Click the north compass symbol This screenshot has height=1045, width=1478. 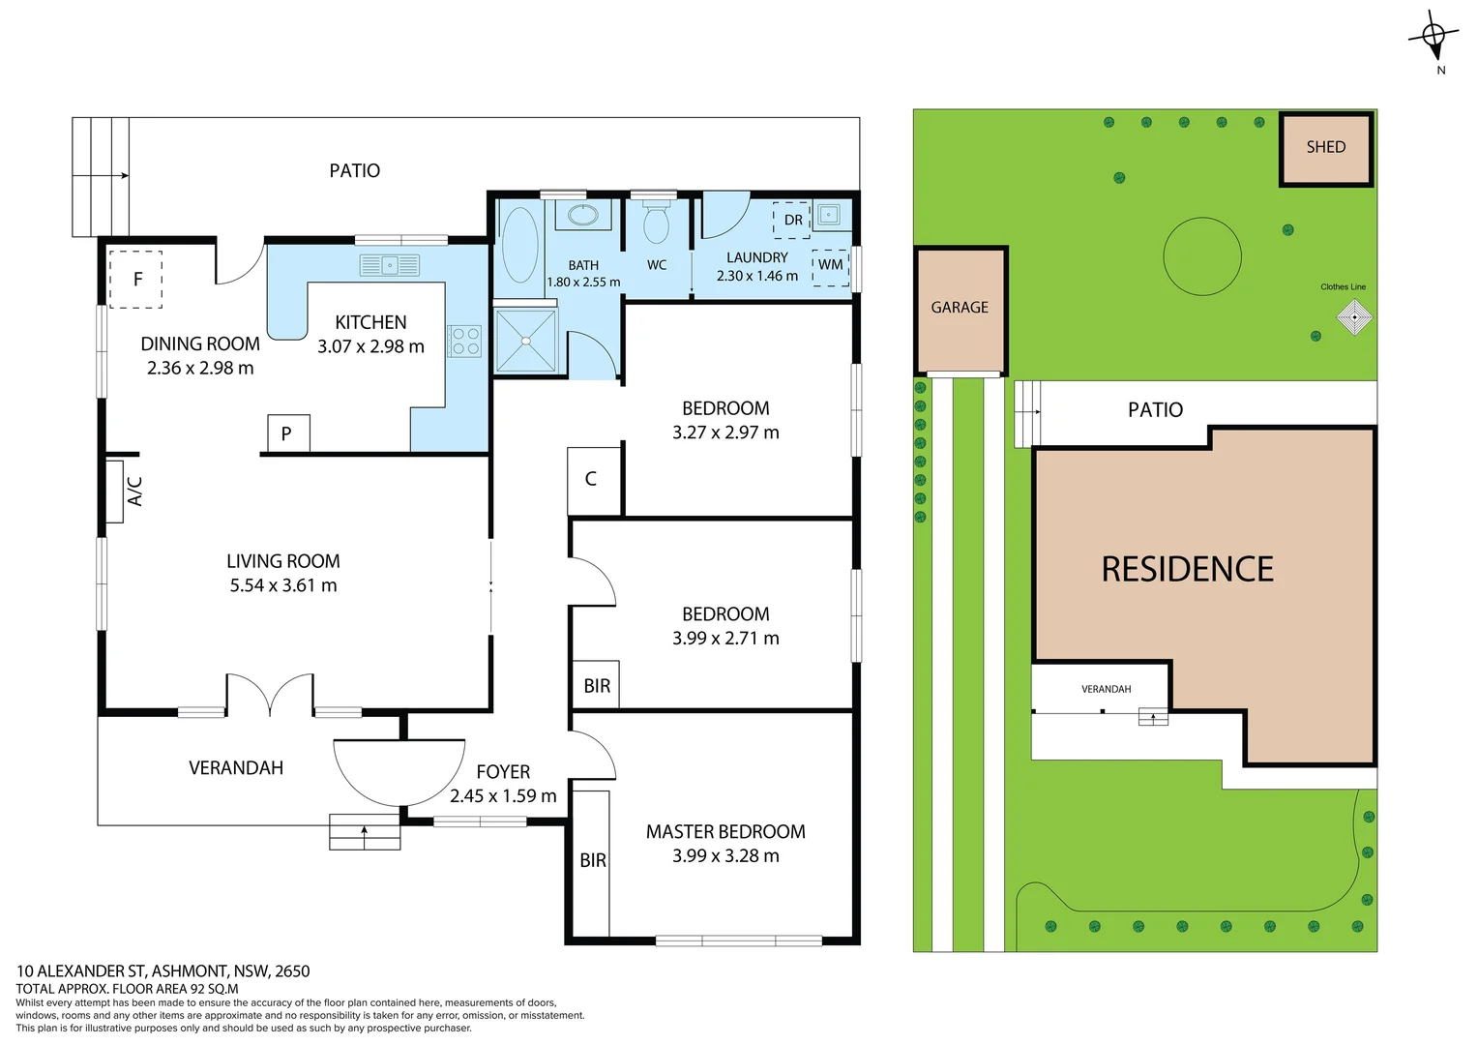click(1434, 37)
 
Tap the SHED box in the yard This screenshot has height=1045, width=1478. click(1325, 148)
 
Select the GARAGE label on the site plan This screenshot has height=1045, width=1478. click(960, 308)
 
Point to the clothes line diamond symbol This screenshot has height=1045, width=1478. click(1354, 317)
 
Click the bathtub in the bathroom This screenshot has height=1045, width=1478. click(519, 245)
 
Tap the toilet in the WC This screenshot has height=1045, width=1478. click(656, 224)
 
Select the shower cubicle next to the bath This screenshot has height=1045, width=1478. click(525, 340)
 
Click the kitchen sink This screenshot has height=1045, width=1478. click(389, 264)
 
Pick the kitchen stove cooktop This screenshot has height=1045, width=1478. click(465, 341)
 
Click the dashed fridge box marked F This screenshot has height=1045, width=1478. click(135, 279)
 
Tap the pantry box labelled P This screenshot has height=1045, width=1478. click(287, 433)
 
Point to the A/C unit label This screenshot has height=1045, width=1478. click(134, 491)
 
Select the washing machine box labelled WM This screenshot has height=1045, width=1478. click(830, 265)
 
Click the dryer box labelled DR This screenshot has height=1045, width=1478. click(792, 220)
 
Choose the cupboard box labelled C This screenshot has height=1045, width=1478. click(592, 479)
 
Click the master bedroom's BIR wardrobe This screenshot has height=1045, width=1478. click(592, 860)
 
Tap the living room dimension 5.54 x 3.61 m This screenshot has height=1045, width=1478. click(283, 585)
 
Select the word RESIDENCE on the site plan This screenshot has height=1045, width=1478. click(1187, 569)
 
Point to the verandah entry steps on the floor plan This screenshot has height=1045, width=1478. click(365, 832)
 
